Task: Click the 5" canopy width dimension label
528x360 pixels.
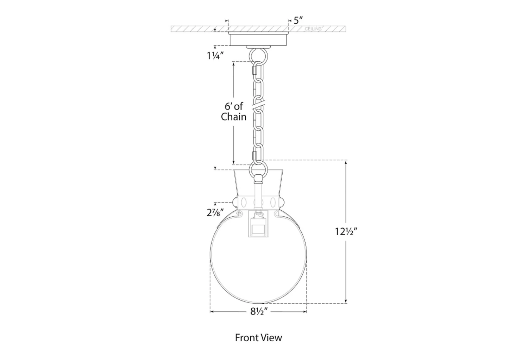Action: (298, 21)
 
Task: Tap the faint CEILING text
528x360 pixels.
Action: (313, 29)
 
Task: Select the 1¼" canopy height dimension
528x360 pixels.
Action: (215, 56)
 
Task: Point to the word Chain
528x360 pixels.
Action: (234, 117)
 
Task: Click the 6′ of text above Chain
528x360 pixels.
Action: (234, 106)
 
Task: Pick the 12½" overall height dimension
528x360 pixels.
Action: (346, 232)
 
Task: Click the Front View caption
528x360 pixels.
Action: (258, 337)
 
